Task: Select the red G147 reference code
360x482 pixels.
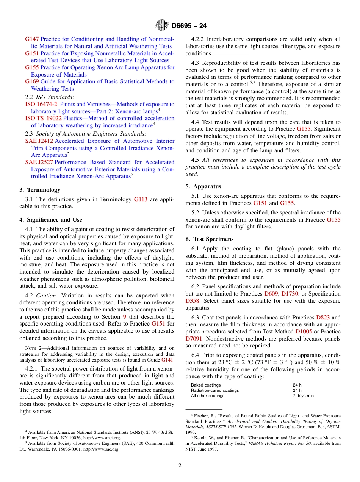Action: [x=32, y=39]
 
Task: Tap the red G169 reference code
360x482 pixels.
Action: [x=32, y=81]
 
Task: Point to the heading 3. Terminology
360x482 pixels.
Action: [x=40, y=190]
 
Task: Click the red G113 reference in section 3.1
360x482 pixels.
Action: [x=141, y=199]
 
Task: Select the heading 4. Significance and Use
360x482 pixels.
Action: [x=50, y=220]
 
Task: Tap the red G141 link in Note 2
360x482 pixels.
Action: [x=167, y=360]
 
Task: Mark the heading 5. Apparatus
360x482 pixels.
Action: [x=203, y=186]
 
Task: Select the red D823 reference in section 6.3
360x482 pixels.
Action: [x=323, y=318]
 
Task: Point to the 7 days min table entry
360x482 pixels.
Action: [x=303, y=396]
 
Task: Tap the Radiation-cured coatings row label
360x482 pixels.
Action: [x=215, y=390]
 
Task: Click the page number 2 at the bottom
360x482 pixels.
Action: [x=180, y=465]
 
